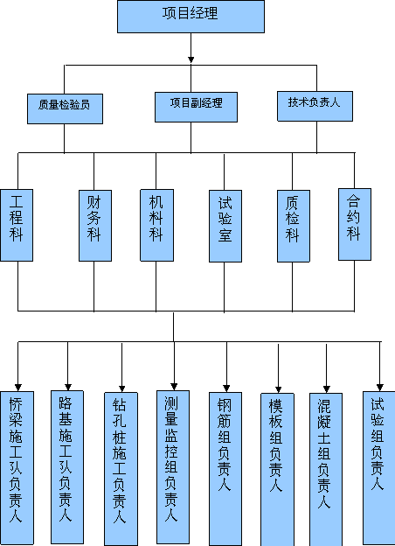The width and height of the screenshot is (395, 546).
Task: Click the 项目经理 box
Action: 191,17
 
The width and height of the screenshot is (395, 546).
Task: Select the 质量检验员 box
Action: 65,108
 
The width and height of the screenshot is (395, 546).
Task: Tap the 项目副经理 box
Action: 196,107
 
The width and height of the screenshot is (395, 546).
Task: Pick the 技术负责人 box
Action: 315,106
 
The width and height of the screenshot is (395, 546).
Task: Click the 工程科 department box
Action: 17,225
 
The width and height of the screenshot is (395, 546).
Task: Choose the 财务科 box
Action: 95,226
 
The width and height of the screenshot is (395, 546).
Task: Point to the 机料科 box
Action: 156,225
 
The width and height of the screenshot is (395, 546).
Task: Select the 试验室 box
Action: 225,226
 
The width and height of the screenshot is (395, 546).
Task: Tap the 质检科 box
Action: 294,226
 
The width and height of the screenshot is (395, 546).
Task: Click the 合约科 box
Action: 355,225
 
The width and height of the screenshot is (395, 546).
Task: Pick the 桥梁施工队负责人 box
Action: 17,468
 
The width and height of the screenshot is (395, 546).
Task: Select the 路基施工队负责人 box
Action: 67,467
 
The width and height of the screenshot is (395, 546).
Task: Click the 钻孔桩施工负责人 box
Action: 121,469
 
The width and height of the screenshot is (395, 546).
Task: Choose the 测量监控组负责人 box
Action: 173,467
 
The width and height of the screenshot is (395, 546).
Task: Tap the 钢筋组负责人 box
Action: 225,469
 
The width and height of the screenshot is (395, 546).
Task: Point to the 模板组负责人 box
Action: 278,470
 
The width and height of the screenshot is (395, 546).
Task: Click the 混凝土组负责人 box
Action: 326,470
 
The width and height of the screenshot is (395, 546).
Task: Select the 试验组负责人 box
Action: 379,468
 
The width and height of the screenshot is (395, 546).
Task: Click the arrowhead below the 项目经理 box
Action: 191,59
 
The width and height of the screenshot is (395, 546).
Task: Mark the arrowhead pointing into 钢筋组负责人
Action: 226,388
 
